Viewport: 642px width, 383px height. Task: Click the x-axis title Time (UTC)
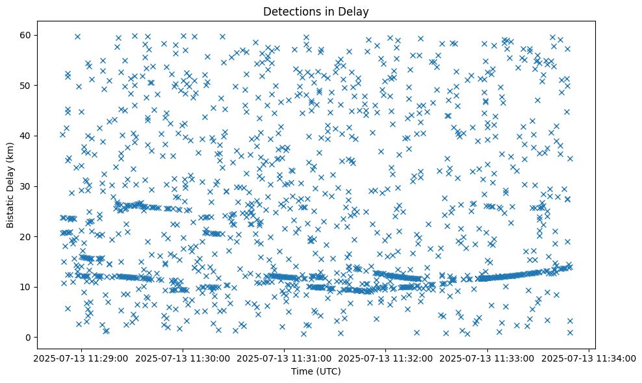pos(315,371)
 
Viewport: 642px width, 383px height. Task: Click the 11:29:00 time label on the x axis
pos(81,357)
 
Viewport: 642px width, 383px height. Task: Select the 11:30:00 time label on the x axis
pos(183,357)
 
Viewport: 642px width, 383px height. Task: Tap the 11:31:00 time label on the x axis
pos(284,357)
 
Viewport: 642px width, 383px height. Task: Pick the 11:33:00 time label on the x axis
pos(487,357)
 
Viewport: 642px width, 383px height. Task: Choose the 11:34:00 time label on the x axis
pos(589,357)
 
